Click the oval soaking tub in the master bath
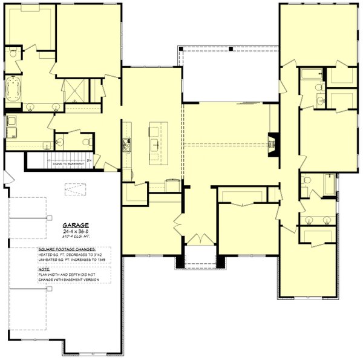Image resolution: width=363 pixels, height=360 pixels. click(12, 89)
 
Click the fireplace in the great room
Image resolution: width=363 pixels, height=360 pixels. click(273, 144)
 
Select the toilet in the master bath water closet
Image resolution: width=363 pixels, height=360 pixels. click(13, 54)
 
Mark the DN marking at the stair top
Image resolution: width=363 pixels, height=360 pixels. click(88, 160)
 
